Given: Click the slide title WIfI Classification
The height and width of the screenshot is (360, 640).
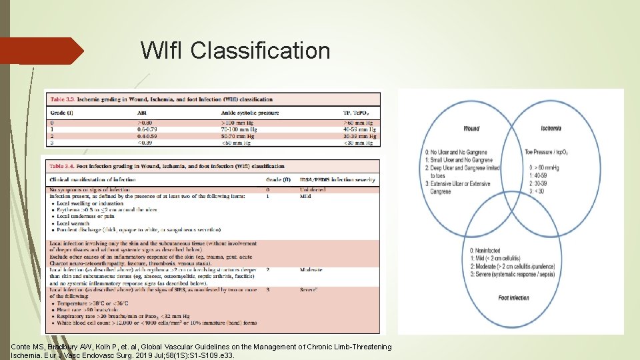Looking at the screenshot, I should (x=235, y=51).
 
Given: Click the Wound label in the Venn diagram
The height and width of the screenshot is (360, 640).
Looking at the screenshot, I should (x=471, y=129).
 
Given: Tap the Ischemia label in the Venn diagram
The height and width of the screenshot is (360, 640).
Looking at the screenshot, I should (x=551, y=129).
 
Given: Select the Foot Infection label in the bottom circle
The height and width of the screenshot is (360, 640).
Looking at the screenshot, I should (x=513, y=298).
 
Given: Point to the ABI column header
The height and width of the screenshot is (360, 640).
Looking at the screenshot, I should (x=142, y=113).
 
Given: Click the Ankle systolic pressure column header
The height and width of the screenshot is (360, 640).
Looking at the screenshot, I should (x=249, y=113).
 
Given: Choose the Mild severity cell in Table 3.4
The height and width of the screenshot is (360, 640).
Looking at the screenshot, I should (x=305, y=197).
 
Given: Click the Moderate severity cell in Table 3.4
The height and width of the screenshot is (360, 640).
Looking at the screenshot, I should (x=311, y=270).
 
